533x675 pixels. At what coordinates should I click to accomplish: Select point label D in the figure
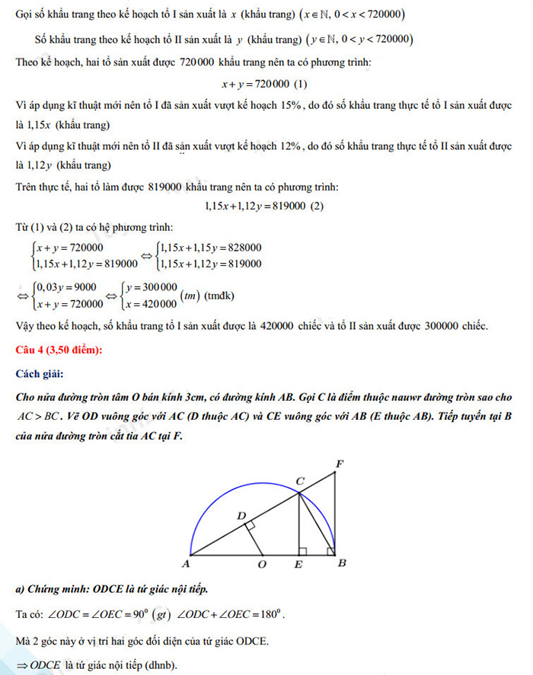pos(241,517)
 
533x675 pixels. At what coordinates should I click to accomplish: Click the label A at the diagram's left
pos(185,565)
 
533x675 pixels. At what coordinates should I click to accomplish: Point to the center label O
pos(262,565)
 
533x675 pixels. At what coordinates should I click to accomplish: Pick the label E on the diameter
pos(299,565)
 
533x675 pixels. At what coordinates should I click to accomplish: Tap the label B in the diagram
pos(342,565)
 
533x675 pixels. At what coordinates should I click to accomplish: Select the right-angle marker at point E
pos(303,551)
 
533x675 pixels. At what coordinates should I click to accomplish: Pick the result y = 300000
pos(146,287)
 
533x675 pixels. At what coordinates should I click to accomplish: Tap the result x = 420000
pos(146,302)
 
